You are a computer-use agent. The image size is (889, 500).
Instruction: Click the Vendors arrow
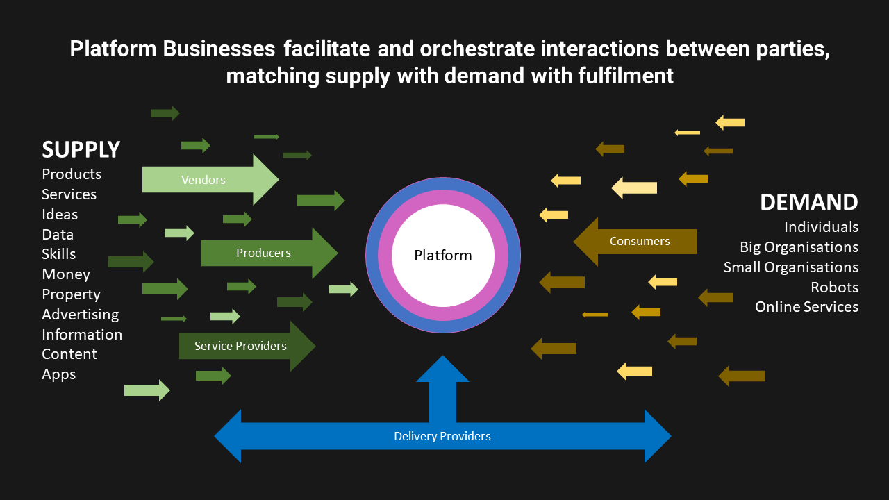coord(208,180)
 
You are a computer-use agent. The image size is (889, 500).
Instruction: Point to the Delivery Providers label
coord(442,436)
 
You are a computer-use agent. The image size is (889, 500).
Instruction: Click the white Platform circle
coord(443,256)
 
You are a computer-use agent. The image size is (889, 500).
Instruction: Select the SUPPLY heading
coord(81,149)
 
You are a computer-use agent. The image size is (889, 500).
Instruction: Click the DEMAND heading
coord(808,202)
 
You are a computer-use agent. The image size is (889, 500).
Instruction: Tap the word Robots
coord(834,287)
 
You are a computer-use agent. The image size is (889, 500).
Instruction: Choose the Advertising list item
coord(80,315)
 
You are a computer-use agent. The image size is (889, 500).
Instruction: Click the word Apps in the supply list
coord(59,374)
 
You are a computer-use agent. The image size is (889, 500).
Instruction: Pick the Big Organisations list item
coord(799,247)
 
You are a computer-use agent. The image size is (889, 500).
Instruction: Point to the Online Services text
coord(806,307)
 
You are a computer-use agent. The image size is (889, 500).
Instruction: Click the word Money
coord(66,274)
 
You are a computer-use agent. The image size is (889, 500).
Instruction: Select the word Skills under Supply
coord(59,254)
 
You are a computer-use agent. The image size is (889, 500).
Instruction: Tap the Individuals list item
coord(821,227)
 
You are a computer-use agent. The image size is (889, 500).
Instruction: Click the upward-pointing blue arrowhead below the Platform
coord(442,369)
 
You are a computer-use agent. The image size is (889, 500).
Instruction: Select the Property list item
coord(71,294)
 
